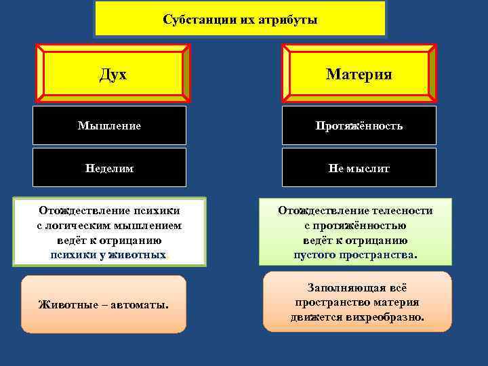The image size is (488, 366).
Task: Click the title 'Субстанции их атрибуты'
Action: (240, 19)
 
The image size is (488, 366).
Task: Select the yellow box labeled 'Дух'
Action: (113, 73)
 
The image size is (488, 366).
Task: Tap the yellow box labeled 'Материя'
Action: (359, 73)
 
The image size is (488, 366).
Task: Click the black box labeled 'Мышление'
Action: (109, 125)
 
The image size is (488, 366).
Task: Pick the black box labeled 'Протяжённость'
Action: (359, 125)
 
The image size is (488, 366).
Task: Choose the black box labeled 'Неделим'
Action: (109, 167)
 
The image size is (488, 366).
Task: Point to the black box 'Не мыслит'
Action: (359, 167)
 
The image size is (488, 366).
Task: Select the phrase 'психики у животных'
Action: (108, 255)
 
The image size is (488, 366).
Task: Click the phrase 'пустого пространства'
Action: (355, 255)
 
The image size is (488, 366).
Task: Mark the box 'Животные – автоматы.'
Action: (103, 304)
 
